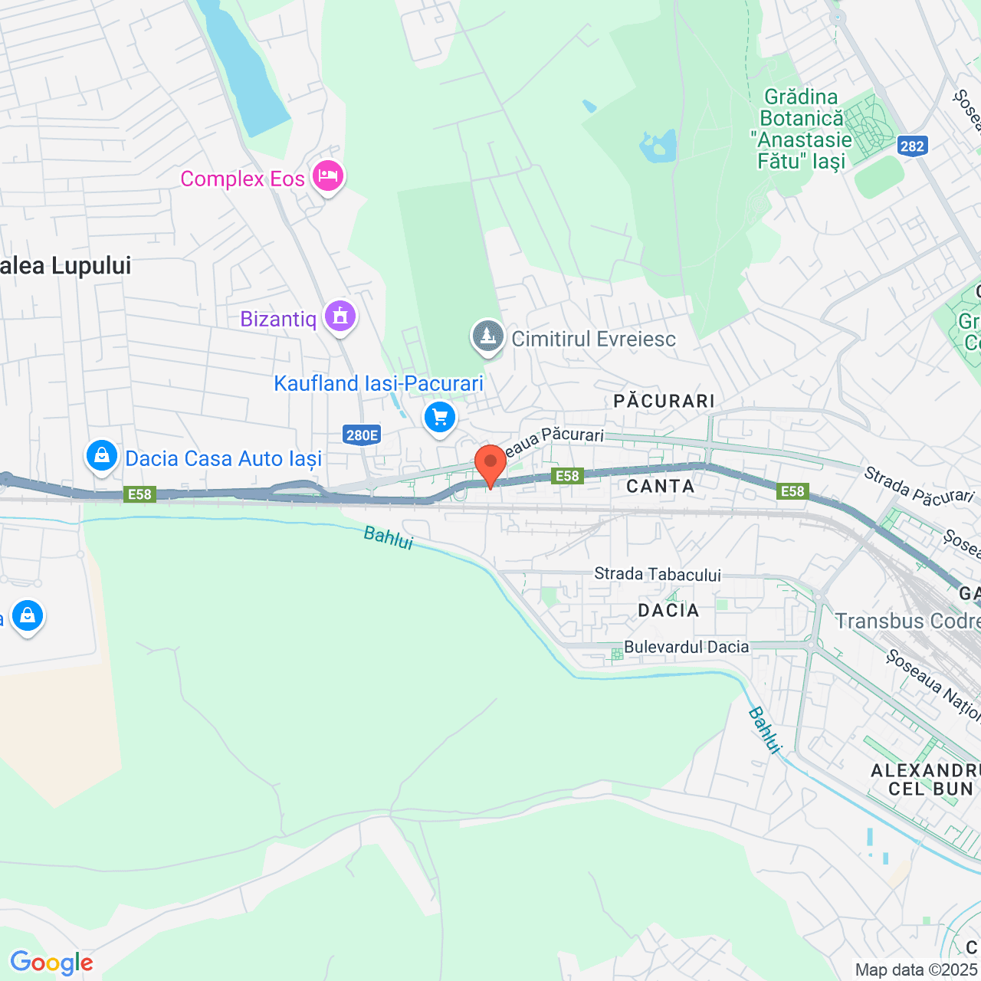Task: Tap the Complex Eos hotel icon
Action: tap(328, 176)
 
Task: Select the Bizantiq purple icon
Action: tap(340, 316)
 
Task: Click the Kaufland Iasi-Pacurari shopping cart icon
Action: tap(440, 418)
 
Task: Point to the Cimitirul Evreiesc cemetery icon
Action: tap(487, 336)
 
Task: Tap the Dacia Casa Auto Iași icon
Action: tap(101, 456)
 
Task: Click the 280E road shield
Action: tap(362, 435)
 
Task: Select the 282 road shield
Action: tap(912, 146)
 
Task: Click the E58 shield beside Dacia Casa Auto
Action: tap(139, 494)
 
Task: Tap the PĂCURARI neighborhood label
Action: tap(664, 401)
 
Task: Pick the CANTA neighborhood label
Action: tap(661, 486)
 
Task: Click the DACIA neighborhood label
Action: tap(668, 610)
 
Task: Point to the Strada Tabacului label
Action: tap(658, 574)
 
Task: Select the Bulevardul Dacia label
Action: tap(686, 647)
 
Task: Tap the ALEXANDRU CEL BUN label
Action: tap(926, 779)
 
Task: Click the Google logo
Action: tap(51, 963)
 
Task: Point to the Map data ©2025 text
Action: tap(916, 970)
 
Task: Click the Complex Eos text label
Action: tap(242, 179)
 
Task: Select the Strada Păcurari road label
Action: tap(918, 486)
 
